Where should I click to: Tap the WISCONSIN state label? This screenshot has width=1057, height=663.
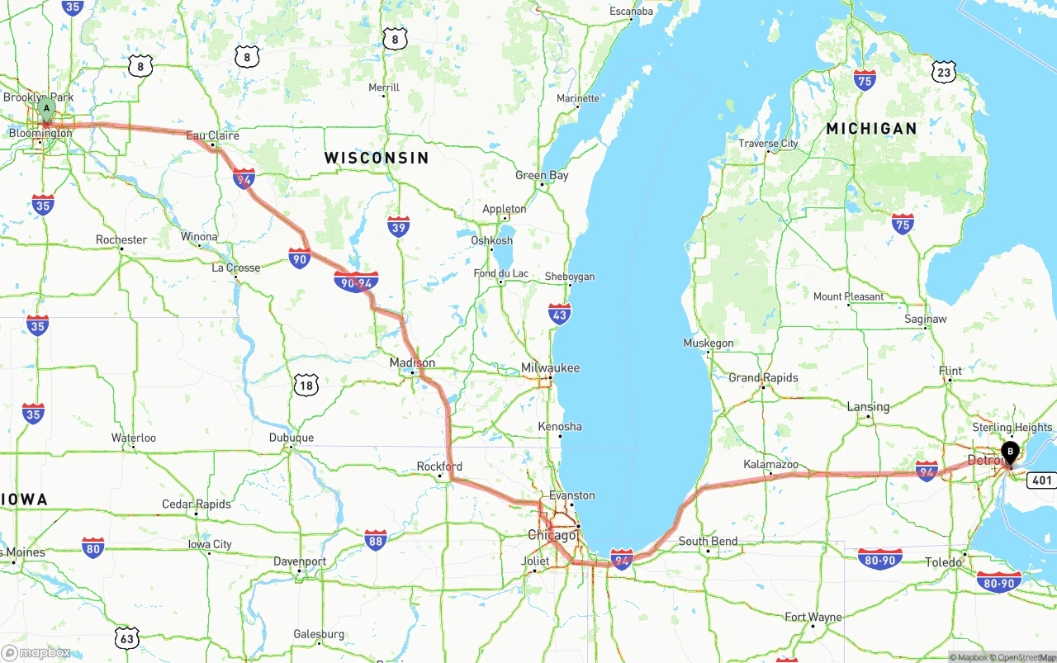[x=376, y=158]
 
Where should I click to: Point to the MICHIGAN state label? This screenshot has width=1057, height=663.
[x=871, y=129]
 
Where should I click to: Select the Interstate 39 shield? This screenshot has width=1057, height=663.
[x=398, y=226]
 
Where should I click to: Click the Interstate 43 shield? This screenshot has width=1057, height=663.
[x=559, y=314]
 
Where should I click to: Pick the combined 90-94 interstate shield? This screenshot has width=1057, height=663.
[x=356, y=282]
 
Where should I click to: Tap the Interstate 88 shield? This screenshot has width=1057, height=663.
[x=376, y=541]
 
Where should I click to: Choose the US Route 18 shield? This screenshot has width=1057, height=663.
[x=306, y=384]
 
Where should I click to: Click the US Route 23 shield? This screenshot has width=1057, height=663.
[x=945, y=72]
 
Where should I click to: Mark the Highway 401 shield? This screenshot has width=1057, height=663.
[x=1041, y=480]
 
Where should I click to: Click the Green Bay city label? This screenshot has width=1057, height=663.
[x=542, y=175]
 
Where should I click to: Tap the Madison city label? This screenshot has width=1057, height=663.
[x=412, y=363]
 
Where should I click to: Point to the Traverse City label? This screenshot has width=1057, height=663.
[x=768, y=144]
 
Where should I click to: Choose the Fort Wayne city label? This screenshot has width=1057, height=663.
[x=813, y=617]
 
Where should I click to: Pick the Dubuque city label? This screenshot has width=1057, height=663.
[x=291, y=438]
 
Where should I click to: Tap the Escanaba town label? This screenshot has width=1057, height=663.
[x=631, y=12]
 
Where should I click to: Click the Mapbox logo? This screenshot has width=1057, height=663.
[x=36, y=652]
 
